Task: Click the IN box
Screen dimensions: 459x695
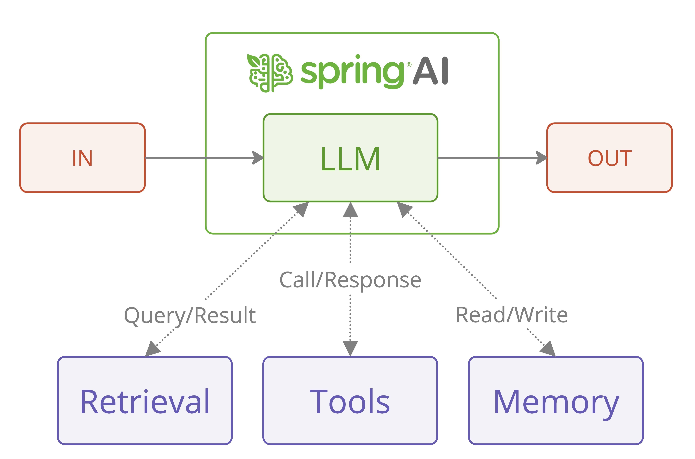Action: pos(82,158)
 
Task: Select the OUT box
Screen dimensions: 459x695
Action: pos(610,158)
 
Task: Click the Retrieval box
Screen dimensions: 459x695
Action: pos(145,401)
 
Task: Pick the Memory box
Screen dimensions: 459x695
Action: pos(556,401)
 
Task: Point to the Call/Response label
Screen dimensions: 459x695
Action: pos(350,280)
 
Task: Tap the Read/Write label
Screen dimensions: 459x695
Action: pos(512,315)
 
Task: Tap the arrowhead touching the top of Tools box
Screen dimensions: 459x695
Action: pos(350,348)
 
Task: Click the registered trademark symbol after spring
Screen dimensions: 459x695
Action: pos(409,65)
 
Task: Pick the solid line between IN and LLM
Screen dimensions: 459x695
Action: pos(199,158)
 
